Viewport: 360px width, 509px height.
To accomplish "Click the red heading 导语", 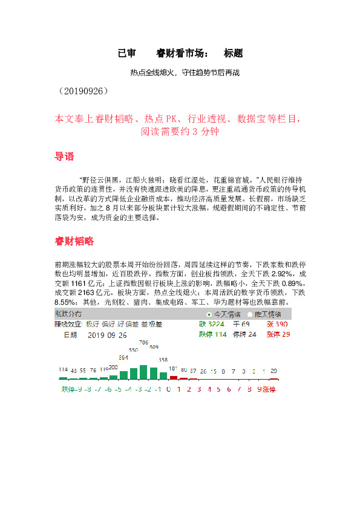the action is coord(65,157).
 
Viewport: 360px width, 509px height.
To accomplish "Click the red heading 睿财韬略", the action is coord(74,241).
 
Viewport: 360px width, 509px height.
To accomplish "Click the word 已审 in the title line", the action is coord(126,53).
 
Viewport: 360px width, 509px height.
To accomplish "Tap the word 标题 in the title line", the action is coord(233,53).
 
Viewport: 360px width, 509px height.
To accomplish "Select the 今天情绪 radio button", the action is coord(209,314).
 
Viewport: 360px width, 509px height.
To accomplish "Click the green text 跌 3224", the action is coord(211,325).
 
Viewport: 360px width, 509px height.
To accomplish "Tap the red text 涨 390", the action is coord(278,325).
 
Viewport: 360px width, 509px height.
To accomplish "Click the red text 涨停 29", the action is coord(278,334).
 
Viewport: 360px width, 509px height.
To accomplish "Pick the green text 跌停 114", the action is coord(212,334).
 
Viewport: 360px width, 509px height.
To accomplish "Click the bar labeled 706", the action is coord(143,371).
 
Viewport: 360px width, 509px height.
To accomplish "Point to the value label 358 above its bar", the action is coord(163,360).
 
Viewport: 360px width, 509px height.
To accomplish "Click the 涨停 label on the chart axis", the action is coord(269,389).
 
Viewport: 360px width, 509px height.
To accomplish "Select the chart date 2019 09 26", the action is coord(107,334).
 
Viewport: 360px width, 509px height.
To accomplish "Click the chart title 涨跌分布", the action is coord(68,314).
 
